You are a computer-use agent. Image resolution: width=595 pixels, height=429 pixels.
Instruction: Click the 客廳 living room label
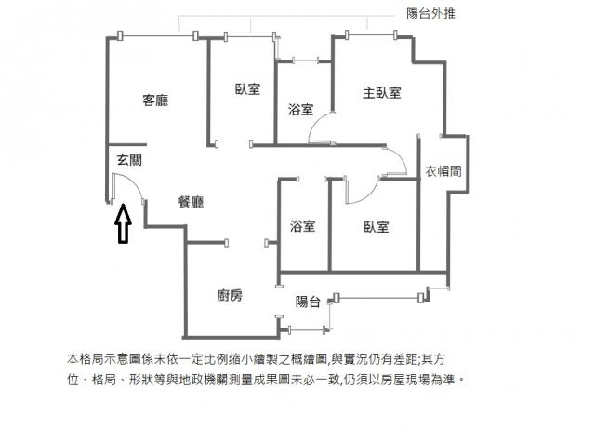coord(155,101)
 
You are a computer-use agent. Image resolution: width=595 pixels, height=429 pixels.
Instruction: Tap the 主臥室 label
coord(382,93)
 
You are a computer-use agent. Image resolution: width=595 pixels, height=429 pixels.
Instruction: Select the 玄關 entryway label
coord(129,160)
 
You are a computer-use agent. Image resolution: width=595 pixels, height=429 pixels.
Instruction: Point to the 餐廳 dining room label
coord(191,201)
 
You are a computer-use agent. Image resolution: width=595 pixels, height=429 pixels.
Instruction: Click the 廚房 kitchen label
coord(230,295)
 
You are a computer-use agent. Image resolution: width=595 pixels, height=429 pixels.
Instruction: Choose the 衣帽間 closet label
coord(443,171)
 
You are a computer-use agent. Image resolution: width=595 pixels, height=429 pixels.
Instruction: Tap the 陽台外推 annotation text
coord(430,14)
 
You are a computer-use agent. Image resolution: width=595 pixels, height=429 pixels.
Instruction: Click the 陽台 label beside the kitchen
coord(308,302)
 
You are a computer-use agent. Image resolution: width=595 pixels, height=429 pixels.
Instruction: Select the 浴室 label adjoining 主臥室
coord(300,110)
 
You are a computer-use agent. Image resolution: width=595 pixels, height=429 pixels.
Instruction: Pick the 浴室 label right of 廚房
coord(302,226)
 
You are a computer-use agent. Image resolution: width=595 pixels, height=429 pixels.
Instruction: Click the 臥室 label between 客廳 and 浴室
coord(247,89)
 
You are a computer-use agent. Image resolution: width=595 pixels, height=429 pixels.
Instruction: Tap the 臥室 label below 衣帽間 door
coord(376,227)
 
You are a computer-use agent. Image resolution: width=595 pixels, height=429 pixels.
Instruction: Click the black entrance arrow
coord(123,223)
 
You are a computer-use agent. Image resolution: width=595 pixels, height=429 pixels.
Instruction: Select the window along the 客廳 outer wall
coord(157,35)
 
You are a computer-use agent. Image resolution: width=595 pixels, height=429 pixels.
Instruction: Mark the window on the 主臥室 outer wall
coord(371,35)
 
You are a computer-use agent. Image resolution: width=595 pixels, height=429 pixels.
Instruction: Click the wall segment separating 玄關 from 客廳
coord(127,145)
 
